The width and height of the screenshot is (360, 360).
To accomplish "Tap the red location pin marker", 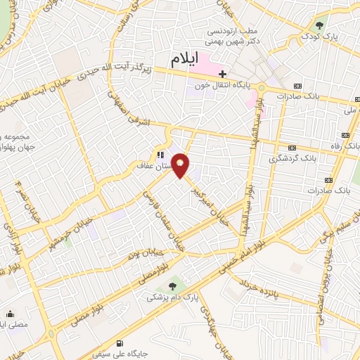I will (181, 166).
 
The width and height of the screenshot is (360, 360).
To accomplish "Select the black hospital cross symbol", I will (222, 74).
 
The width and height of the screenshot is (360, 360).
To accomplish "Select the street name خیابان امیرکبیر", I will (213, 202).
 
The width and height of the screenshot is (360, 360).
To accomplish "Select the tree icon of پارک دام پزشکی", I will (172, 285).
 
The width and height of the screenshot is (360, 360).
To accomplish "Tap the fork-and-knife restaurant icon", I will (161, 155).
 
